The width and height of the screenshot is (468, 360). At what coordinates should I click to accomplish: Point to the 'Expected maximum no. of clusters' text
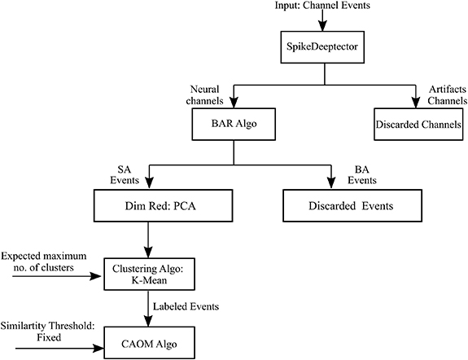pos(42,264)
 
